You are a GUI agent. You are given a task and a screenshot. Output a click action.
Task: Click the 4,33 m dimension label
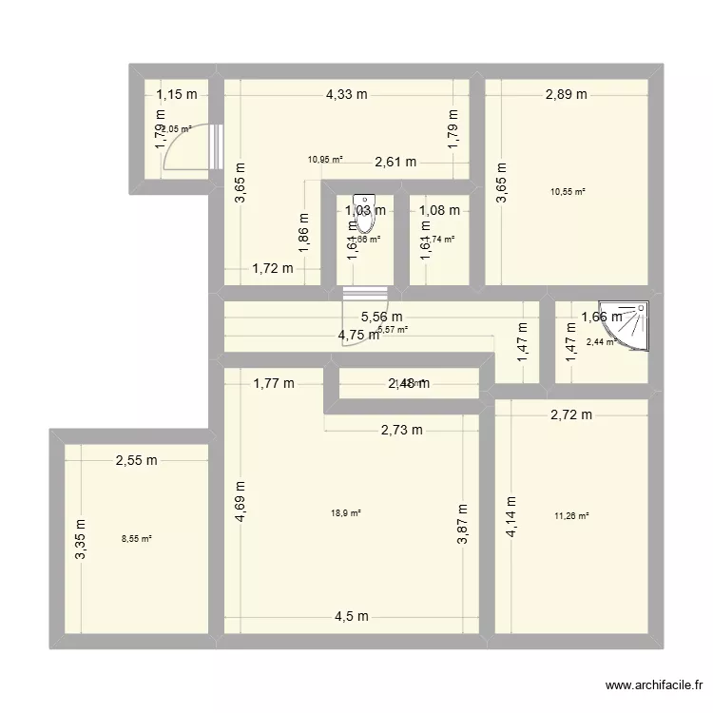(x=346, y=94)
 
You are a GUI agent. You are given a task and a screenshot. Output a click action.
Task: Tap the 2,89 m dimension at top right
(x=567, y=94)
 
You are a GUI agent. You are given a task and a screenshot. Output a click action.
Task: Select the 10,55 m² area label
(x=568, y=192)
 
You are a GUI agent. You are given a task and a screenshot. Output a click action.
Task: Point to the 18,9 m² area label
(x=346, y=513)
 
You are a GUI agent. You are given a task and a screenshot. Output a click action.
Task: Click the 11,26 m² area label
(x=571, y=517)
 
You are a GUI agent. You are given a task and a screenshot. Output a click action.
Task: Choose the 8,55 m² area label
(x=137, y=539)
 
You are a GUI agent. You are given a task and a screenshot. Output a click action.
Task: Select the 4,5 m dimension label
(x=347, y=616)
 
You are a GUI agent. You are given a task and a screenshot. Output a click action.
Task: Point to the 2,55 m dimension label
(x=136, y=461)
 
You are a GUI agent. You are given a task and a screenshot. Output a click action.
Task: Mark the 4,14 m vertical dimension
(x=511, y=517)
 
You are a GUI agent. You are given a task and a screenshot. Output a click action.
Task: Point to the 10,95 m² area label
(x=324, y=160)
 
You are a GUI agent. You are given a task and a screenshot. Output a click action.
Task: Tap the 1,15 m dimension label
(x=177, y=94)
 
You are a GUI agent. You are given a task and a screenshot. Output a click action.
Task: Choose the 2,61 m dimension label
(x=395, y=162)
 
